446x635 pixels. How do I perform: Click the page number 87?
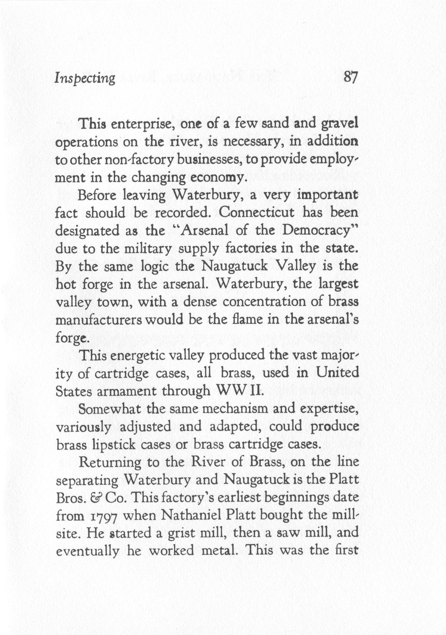[x=351, y=77]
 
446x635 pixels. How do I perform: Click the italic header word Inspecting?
[x=85, y=79]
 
